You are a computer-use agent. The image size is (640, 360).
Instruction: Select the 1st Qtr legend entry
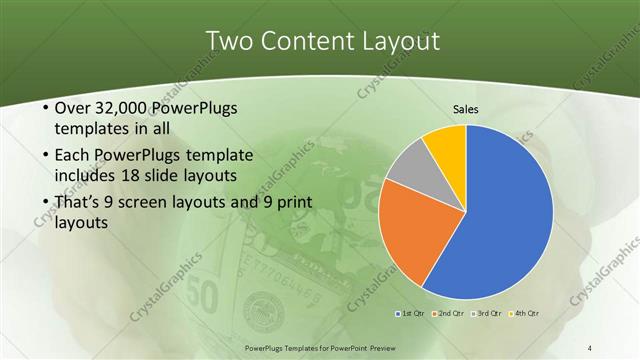pos(410,314)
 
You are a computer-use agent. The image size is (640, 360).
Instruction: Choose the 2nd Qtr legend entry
pos(450,314)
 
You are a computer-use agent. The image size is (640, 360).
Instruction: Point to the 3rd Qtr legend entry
pos(489,314)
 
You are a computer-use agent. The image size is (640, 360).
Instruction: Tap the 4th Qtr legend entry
pos(526,314)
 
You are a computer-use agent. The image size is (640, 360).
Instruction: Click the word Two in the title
pos(230,41)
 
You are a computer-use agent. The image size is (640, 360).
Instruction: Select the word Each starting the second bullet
pos(70,155)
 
